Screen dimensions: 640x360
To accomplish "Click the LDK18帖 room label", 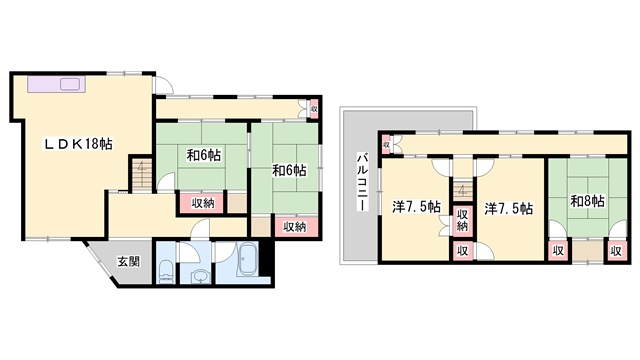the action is pos(78,144).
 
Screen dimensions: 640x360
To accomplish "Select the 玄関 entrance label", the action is pos(129,261).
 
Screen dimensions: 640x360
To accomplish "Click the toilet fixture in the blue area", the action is pos(166,272).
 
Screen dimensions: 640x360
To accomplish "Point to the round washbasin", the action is pos(199,277).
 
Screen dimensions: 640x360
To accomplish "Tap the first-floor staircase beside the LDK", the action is pos(141,173).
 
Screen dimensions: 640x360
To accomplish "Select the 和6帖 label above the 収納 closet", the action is pos(204,155).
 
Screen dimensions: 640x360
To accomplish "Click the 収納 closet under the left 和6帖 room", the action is pos(202,203).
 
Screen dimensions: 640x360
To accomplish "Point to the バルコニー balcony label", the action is pos(362,182).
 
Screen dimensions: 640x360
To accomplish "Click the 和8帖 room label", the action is pos(587,201).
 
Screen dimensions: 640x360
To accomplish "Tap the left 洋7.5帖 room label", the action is pos(416,207).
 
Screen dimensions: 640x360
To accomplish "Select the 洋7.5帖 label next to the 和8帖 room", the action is pos(509,209).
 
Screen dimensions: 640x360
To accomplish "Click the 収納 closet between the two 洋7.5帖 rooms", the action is pos(462,220).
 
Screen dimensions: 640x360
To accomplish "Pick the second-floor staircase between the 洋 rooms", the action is pos(462,189).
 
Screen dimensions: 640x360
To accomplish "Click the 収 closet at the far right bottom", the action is pos(616,251).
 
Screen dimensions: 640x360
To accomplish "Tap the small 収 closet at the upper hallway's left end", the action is pos(386,144).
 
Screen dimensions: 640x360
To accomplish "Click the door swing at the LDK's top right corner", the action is pos(164,85).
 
